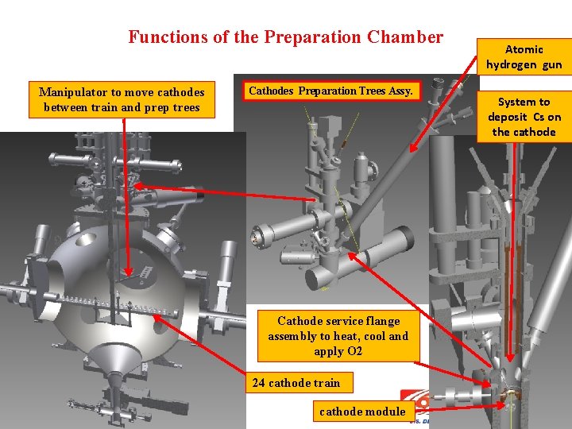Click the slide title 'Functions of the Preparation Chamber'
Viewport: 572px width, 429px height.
click(x=286, y=37)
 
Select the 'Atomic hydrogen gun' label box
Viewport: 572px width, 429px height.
click(x=524, y=57)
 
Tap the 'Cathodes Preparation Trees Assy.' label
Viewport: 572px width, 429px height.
click(x=330, y=91)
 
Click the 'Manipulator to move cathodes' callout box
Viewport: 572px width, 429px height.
click(x=122, y=99)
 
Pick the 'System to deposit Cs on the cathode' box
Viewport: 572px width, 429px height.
click(x=524, y=117)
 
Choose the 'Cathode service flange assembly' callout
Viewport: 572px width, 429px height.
click(x=338, y=336)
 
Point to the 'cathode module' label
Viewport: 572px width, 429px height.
click(x=364, y=412)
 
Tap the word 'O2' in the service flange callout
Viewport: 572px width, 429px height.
click(x=354, y=351)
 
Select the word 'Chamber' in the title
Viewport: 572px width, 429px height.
click(x=405, y=37)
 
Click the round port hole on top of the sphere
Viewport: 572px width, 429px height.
click(x=86, y=239)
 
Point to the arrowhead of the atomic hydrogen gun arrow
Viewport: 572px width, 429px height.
click(x=413, y=148)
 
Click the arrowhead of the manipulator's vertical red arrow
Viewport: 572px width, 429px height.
click(x=128, y=272)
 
